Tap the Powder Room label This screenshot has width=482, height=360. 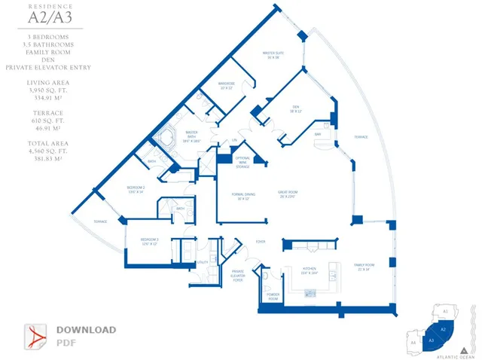272,297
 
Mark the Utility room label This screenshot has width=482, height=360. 202,262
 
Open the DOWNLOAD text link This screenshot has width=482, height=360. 86,330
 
